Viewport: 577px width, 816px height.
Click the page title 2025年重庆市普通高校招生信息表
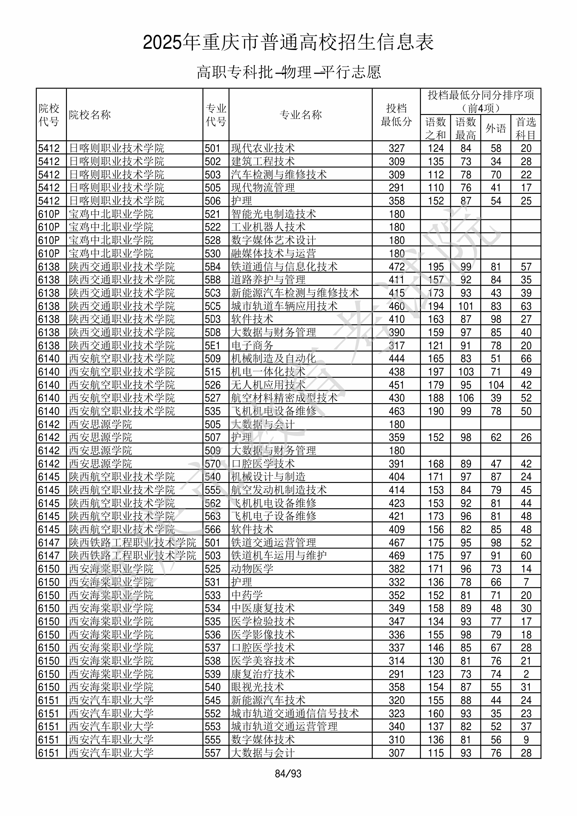pos(288,43)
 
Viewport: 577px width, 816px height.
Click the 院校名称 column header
pos(90,115)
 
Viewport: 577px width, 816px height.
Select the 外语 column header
pos(496,128)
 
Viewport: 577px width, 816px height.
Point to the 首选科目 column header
pos(526,128)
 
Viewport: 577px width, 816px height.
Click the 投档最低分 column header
pos(396,115)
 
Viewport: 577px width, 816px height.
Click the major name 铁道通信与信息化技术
pos(284,267)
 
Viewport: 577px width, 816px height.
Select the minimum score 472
pos(397,267)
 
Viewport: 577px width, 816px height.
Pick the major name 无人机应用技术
pos(268,385)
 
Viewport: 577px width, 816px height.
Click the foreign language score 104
pos(496,385)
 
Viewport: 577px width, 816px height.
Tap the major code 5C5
pos(213,306)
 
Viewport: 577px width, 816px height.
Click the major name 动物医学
pos(252,569)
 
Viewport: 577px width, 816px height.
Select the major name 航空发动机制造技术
pos(279,490)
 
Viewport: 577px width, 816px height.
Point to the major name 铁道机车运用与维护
pos(279,556)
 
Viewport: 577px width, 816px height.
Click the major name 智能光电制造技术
pos(273,214)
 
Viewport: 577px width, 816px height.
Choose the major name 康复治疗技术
pos(263,674)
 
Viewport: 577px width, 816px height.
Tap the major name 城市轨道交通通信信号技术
pos(295,713)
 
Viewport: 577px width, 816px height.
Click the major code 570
pos(213,464)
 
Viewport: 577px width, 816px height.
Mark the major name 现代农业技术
pos(263,148)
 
